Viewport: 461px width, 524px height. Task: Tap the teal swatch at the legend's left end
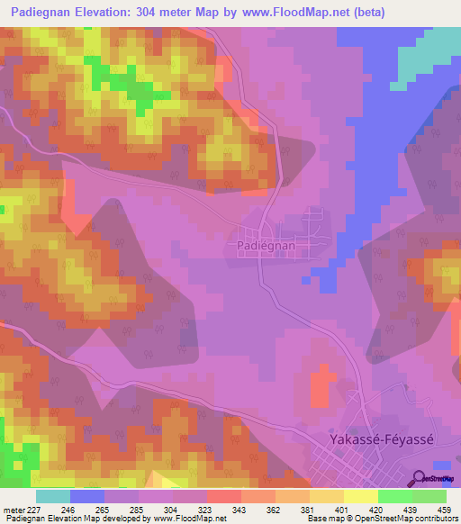coord(53,495)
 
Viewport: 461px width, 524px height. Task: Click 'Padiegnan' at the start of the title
coord(35,13)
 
